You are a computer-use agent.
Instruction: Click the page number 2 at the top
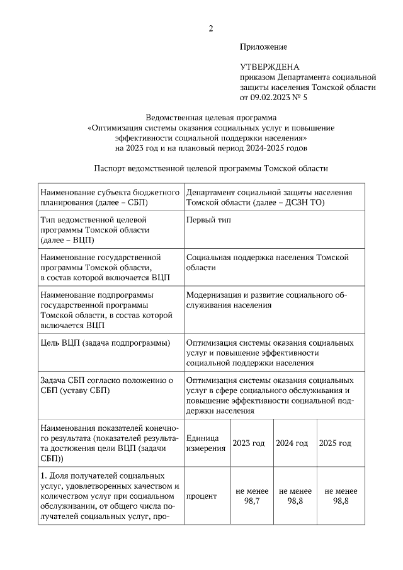tap(211, 28)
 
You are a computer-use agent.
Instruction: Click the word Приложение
tap(263, 47)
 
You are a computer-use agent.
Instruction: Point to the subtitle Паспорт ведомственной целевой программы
tap(211, 169)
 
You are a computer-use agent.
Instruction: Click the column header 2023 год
tap(249, 443)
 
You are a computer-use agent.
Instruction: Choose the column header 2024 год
tap(292, 443)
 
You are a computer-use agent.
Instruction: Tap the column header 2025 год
tap(335, 443)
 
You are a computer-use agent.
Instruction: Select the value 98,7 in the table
tap(252, 501)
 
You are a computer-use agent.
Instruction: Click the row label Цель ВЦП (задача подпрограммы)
tap(105, 343)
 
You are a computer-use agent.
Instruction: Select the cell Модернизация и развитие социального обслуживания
tap(266, 300)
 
